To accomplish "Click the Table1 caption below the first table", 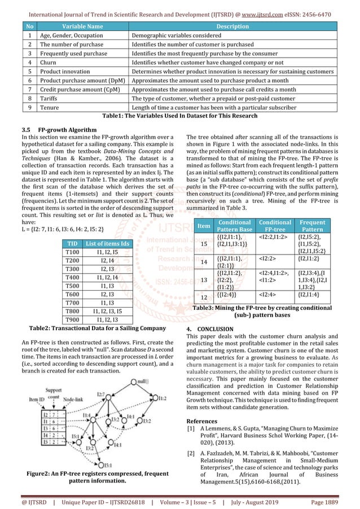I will tap(179, 116).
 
